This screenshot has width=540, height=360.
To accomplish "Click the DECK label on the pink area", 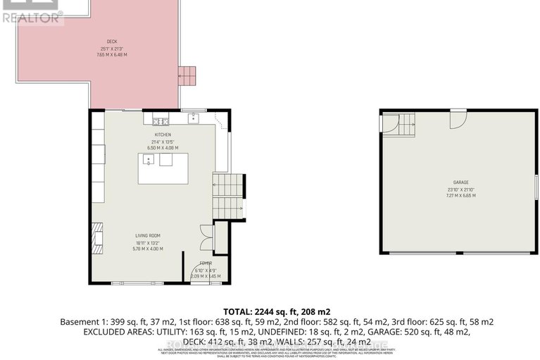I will (111, 42).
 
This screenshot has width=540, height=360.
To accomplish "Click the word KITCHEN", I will (163, 135).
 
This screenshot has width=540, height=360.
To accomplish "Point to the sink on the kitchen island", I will (149, 160).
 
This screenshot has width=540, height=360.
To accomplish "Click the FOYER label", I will (205, 262).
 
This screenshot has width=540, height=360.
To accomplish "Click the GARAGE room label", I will (461, 182).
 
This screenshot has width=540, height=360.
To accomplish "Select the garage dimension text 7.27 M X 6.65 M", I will (461, 195).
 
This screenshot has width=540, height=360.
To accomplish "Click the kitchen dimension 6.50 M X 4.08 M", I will (163, 148).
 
